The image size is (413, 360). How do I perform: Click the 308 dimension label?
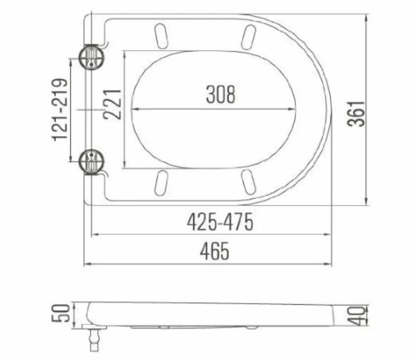click(x=221, y=94)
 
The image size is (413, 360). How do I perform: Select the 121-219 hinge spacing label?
click(x=60, y=110)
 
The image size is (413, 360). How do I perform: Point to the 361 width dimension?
click(x=356, y=114)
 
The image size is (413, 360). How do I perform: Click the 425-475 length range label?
click(x=220, y=222)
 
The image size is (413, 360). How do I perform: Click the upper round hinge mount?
click(x=91, y=57)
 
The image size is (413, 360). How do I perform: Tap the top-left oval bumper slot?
click(x=161, y=35)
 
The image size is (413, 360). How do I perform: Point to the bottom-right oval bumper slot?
click(x=248, y=181)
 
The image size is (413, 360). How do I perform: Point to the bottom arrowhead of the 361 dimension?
click(x=366, y=202)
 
